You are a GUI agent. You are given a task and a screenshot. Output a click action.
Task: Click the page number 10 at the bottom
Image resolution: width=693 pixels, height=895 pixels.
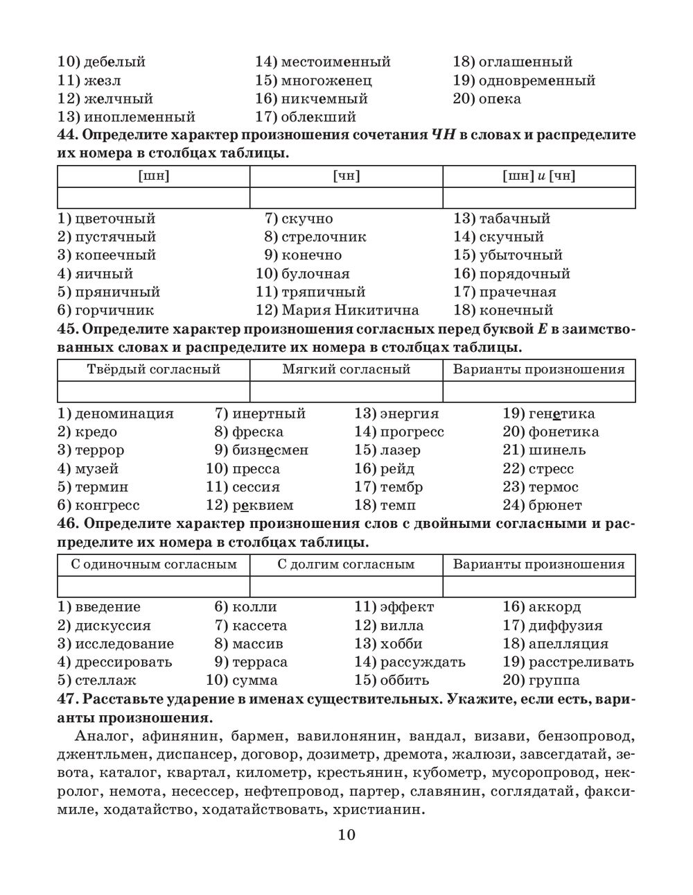[x=346, y=835]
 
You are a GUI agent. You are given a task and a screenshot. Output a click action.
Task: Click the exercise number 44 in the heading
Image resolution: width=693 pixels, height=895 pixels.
[x=67, y=135]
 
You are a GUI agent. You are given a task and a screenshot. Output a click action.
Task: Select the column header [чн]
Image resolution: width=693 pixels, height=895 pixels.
[x=346, y=176]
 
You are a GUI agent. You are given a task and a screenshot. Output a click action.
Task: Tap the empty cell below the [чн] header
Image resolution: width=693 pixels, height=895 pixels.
[x=346, y=198]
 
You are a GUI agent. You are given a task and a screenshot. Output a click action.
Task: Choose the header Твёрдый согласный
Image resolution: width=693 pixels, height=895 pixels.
[x=153, y=369]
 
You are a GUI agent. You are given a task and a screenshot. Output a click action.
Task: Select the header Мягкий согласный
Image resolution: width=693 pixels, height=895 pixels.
[x=346, y=369]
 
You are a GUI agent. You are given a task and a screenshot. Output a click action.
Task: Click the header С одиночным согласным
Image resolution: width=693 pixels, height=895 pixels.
[x=153, y=564]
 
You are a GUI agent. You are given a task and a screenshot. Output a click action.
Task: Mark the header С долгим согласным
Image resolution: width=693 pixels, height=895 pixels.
[x=346, y=564]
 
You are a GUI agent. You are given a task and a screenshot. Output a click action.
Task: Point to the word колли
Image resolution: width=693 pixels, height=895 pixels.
[x=254, y=607]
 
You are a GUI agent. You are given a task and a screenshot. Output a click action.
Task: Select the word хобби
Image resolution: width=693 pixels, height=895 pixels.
[x=401, y=644]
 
